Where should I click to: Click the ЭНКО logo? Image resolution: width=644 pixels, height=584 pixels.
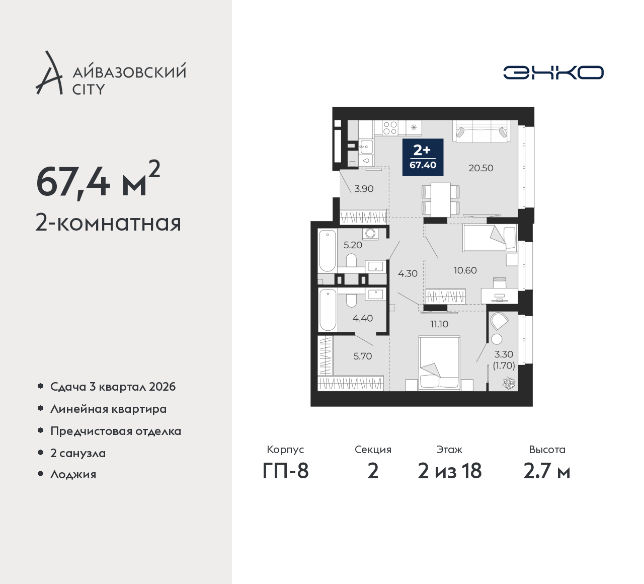[553, 72]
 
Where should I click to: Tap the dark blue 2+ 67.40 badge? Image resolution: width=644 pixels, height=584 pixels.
[423, 158]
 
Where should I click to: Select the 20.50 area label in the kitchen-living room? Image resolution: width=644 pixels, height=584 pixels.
[480, 168]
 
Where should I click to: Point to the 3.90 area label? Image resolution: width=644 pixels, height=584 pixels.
[364, 189]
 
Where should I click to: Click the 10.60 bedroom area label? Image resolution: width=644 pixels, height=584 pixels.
[465, 270]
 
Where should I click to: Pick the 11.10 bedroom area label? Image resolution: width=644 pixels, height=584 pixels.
[439, 324]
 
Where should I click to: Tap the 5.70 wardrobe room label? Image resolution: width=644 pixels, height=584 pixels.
[362, 356]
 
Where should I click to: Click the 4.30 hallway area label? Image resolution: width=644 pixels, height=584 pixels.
[408, 274]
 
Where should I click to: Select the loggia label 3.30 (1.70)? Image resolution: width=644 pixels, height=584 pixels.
[504, 360]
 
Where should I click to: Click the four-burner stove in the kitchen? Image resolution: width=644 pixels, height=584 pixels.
[390, 127]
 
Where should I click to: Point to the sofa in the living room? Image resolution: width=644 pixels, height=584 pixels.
[481, 131]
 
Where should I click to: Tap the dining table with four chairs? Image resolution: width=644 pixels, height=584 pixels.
[440, 199]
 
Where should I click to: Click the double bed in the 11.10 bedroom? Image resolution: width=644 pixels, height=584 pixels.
[439, 363]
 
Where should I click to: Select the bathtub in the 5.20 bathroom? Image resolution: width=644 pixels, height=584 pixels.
[327, 251]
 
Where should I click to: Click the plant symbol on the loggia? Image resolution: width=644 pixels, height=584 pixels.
[509, 383]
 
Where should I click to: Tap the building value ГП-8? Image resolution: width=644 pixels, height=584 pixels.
[285, 471]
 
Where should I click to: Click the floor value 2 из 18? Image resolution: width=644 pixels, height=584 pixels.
[449, 471]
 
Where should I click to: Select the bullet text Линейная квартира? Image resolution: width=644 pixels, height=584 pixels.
[109, 409]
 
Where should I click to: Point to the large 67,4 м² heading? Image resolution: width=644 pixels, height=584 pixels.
[98, 181]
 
